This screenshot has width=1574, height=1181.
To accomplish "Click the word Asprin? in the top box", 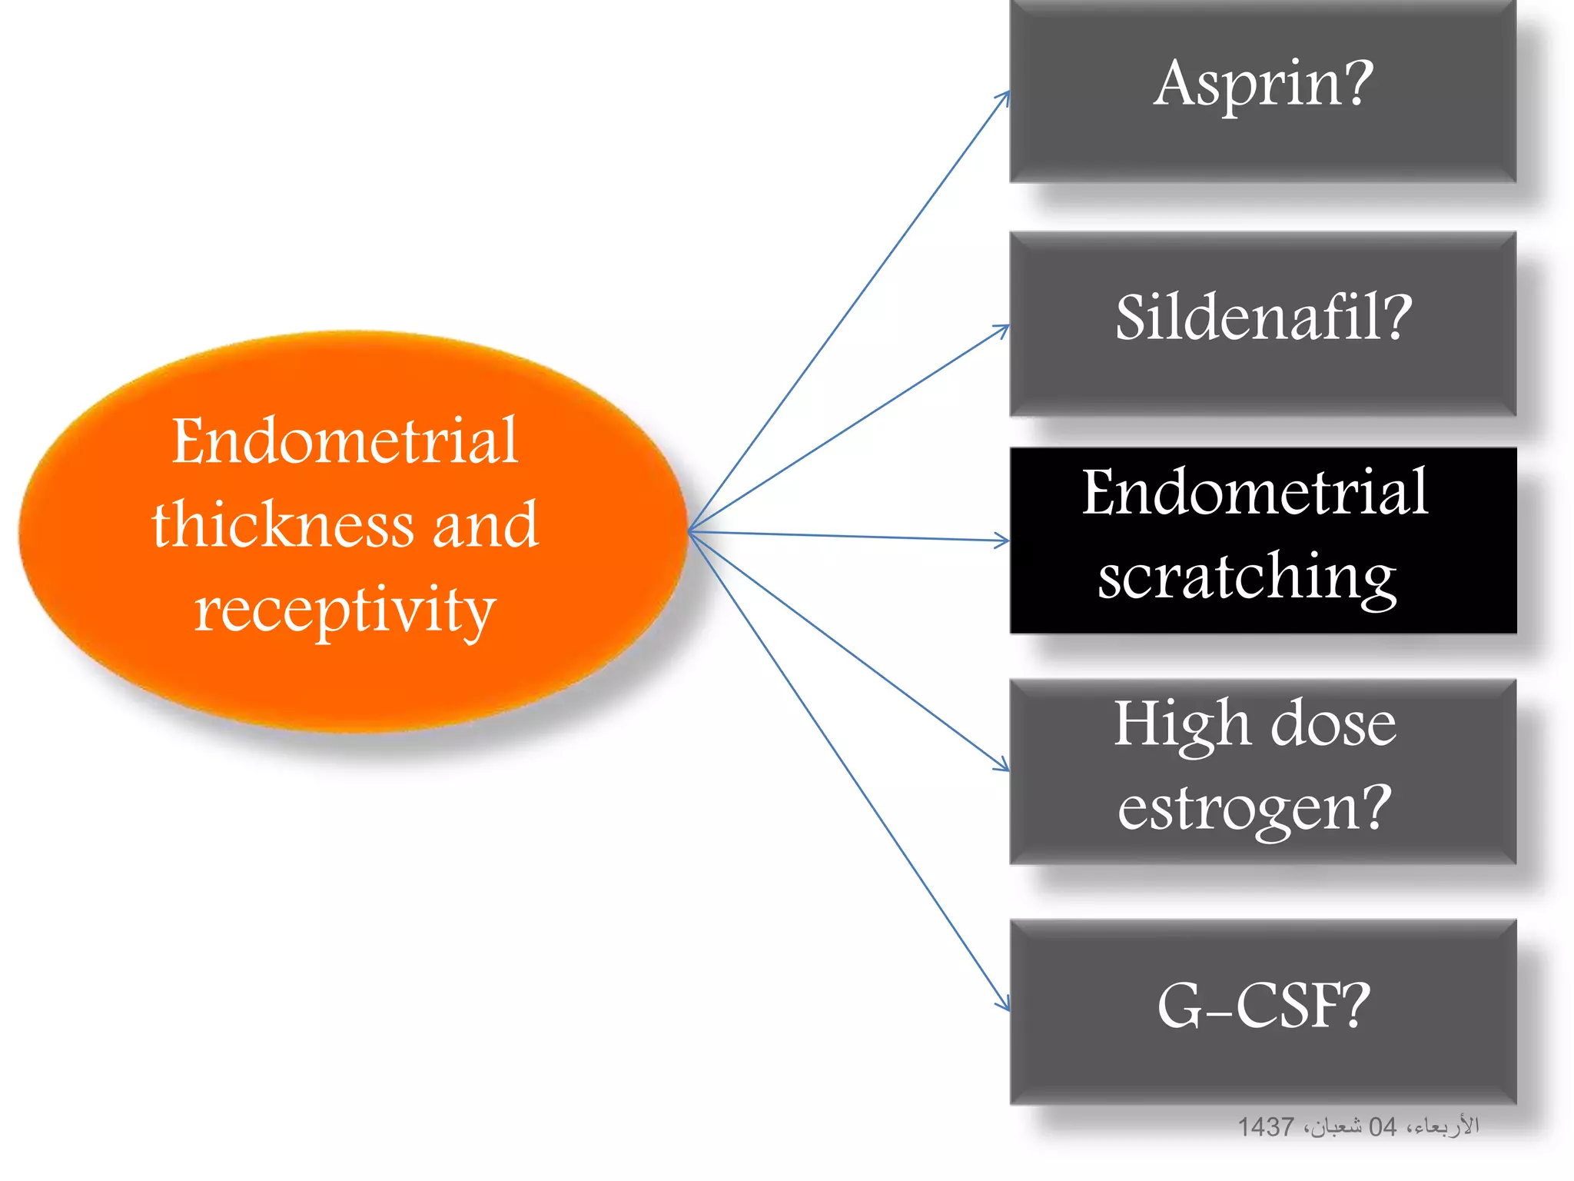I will (x=1263, y=85).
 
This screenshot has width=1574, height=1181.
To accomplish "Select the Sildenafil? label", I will (x=1263, y=318).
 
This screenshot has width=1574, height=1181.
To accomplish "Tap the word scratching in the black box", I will (x=1247, y=578).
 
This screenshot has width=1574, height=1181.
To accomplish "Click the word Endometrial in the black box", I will (x=1254, y=494).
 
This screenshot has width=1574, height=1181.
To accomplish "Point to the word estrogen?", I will (x=1254, y=809).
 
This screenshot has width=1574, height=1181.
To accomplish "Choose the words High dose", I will (x=1254, y=724).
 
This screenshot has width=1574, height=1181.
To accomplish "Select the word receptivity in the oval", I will (x=344, y=610).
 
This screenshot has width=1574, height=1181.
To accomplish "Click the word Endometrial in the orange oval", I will (x=344, y=441).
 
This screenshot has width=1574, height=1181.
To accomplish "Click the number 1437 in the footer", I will (x=1265, y=1127).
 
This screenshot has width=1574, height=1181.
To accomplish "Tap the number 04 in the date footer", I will (x=1382, y=1127).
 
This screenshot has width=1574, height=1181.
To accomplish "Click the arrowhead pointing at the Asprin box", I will (x=1005, y=96).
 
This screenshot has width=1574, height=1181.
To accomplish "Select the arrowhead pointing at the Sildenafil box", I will (x=1003, y=329).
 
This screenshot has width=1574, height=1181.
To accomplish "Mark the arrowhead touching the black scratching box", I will (x=1003, y=541).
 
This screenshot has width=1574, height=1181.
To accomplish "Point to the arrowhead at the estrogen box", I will (x=1003, y=766).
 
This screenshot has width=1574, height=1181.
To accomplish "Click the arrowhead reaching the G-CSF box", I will (x=1004, y=1005).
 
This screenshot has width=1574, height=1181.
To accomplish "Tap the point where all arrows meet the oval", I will (x=689, y=531).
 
